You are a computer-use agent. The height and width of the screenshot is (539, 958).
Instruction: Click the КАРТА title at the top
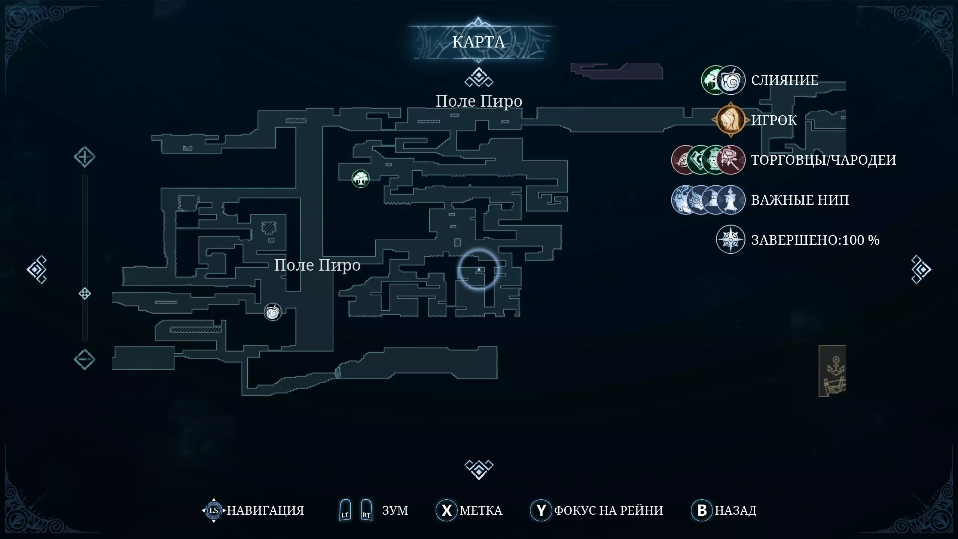click(x=479, y=42)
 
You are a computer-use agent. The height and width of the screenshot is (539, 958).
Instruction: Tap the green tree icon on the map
click(x=361, y=179)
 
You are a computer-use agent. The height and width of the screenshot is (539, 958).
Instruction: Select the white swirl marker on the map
click(x=273, y=312)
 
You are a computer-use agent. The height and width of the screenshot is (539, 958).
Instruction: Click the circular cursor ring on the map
click(x=479, y=269)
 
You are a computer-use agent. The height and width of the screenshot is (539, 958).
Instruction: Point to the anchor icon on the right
click(x=836, y=365)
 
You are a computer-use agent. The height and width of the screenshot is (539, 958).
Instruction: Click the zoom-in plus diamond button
click(x=85, y=157)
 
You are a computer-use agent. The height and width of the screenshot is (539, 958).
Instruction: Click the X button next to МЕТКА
click(x=446, y=510)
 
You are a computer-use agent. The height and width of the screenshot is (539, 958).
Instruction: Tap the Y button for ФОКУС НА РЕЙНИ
click(x=541, y=510)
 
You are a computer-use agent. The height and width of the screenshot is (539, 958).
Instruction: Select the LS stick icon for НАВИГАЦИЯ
click(x=214, y=510)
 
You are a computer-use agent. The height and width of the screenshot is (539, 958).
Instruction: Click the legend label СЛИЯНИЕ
click(x=785, y=80)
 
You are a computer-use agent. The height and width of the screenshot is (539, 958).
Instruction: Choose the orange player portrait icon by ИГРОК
click(x=730, y=120)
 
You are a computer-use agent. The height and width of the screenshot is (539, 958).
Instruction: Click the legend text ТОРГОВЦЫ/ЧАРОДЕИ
click(x=824, y=160)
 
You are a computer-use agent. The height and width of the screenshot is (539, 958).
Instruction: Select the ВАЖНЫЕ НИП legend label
click(x=800, y=200)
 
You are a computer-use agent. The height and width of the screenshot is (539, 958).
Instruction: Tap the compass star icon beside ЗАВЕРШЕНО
click(x=730, y=240)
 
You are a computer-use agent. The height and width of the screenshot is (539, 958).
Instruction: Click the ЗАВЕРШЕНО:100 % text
click(x=815, y=240)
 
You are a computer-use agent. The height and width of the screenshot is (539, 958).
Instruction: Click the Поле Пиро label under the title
click(x=479, y=101)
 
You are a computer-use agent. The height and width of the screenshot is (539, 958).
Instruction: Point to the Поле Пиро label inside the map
click(x=317, y=265)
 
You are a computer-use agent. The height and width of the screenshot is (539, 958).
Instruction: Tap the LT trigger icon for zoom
click(x=345, y=510)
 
